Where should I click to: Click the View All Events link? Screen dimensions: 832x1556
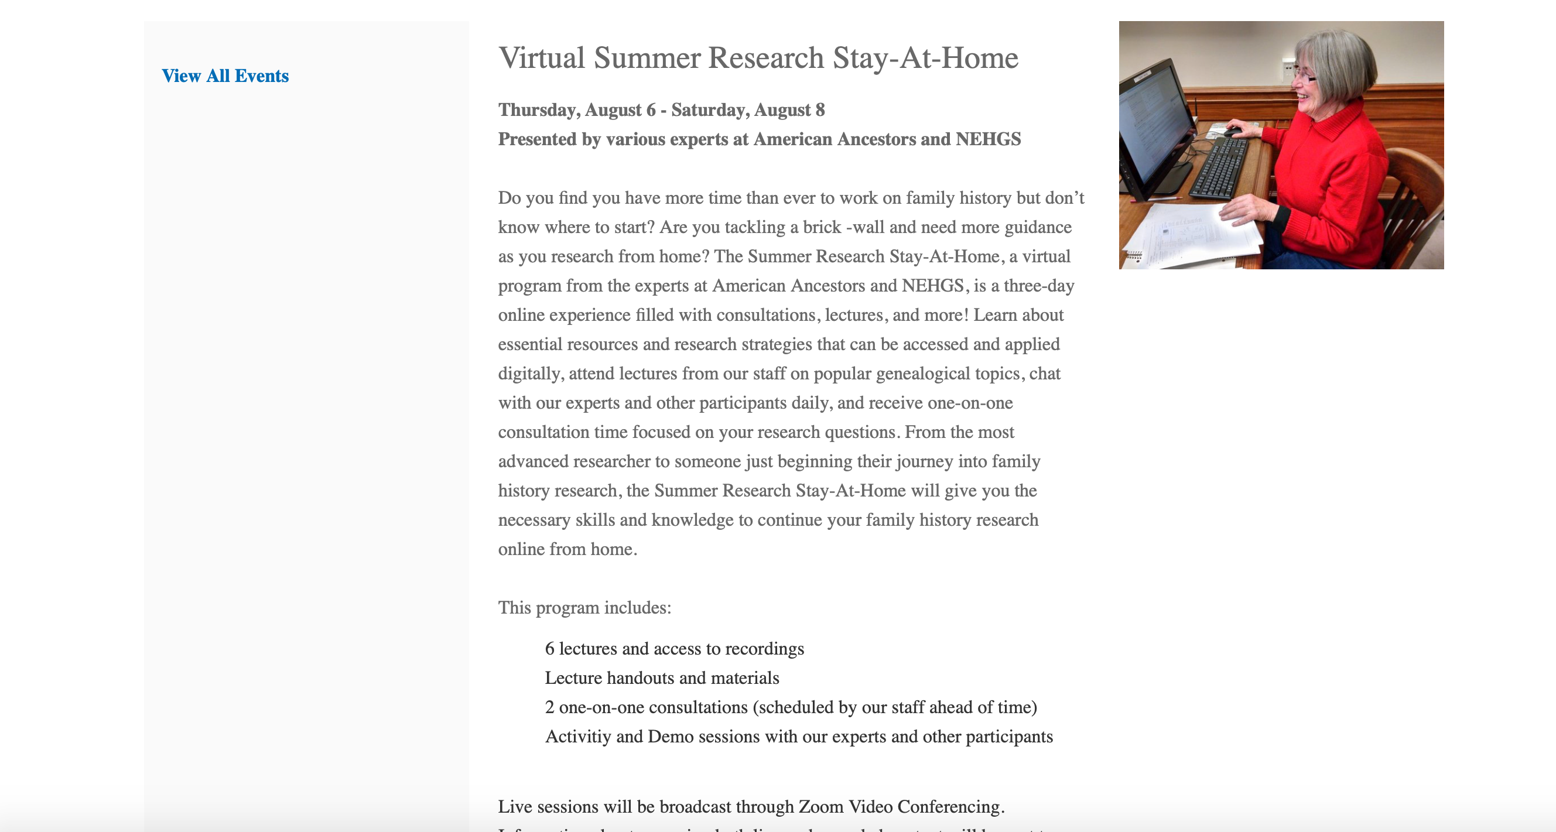pos(225,76)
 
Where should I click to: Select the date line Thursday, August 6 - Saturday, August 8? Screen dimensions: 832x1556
pos(661,110)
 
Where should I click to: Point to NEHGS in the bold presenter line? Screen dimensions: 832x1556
pos(987,139)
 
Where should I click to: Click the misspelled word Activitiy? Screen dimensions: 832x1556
pos(577,737)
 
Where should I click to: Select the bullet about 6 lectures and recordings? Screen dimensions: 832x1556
pos(673,649)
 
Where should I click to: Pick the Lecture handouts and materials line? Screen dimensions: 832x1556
pos(661,678)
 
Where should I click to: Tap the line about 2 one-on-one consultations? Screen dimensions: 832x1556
pos(790,707)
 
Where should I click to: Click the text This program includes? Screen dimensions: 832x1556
pos(584,607)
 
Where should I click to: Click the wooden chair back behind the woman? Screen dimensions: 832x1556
pos(1417,199)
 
